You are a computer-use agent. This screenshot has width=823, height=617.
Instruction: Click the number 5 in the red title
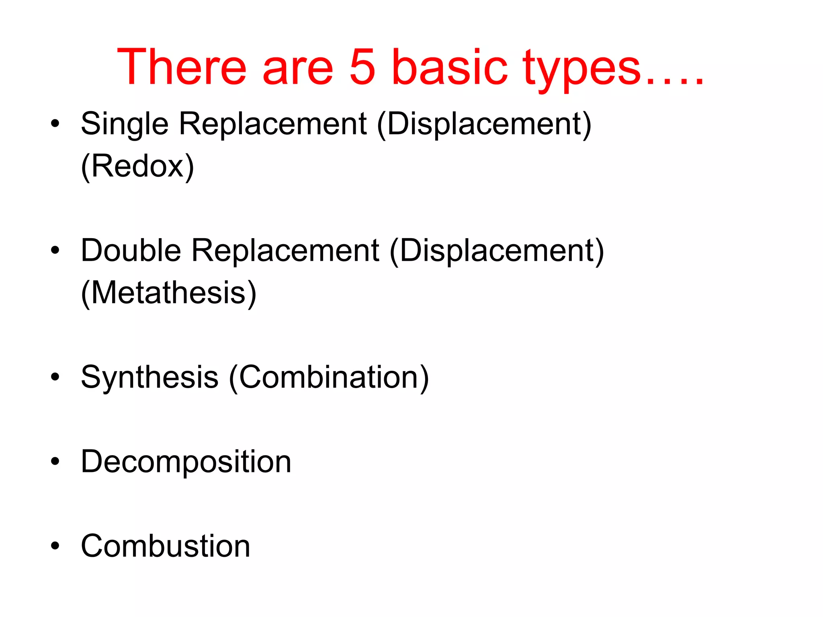362,67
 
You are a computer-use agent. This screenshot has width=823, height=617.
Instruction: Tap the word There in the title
181,67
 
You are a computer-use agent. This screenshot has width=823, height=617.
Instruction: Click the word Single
124,124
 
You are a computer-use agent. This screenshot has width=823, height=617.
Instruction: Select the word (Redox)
137,166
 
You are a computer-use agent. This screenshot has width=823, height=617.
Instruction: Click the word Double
131,250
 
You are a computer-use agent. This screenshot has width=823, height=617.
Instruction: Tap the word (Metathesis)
169,293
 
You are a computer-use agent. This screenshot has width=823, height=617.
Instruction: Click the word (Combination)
329,378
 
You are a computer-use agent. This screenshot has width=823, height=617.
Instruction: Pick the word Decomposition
186,462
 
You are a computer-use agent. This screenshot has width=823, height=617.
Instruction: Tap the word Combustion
165,546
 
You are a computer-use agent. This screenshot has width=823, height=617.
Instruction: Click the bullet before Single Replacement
55,123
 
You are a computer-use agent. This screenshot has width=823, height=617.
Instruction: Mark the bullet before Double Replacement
55,250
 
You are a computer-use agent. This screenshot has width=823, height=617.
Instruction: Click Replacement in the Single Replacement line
272,124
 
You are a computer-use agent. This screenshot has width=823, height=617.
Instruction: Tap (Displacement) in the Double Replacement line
497,251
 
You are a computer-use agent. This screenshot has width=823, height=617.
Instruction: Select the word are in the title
298,67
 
